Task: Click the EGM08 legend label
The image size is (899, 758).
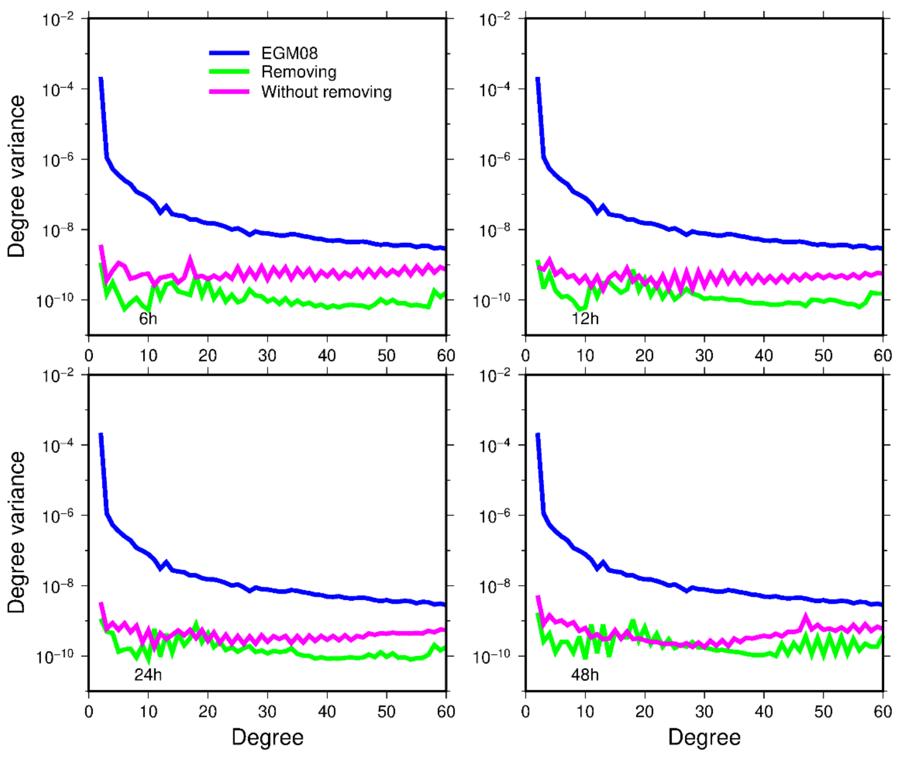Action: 289,53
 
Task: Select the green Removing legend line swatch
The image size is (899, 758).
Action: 229,72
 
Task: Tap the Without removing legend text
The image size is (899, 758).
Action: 326,92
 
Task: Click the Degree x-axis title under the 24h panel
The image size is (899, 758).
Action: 267,737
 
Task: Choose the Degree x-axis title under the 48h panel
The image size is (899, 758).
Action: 704,737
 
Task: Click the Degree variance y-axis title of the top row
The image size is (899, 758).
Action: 16,176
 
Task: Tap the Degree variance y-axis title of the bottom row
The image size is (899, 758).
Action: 16,532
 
